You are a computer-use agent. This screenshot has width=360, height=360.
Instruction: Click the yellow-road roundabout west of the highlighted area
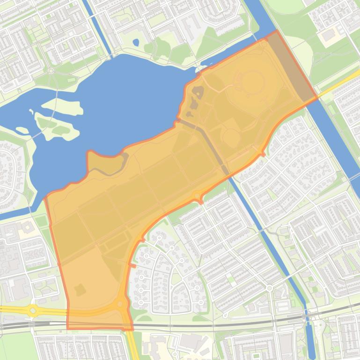coord(33,310)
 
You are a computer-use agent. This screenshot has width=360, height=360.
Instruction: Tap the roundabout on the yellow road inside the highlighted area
coord(121,304)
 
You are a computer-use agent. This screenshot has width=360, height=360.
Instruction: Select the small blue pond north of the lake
coord(136,43)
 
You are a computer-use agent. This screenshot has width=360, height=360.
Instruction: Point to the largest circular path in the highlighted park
coord(252,82)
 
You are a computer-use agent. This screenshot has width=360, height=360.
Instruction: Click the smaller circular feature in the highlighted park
coord(231,137)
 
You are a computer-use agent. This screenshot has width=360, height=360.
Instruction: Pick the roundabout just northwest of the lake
coord(51,71)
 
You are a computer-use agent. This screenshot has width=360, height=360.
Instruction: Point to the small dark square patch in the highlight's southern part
coord(80,290)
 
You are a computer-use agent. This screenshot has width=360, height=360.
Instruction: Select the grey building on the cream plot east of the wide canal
coord(330,35)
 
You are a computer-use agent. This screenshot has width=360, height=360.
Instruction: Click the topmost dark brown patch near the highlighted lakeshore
coord(198,92)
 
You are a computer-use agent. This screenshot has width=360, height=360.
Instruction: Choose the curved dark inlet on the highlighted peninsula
coord(115,168)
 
